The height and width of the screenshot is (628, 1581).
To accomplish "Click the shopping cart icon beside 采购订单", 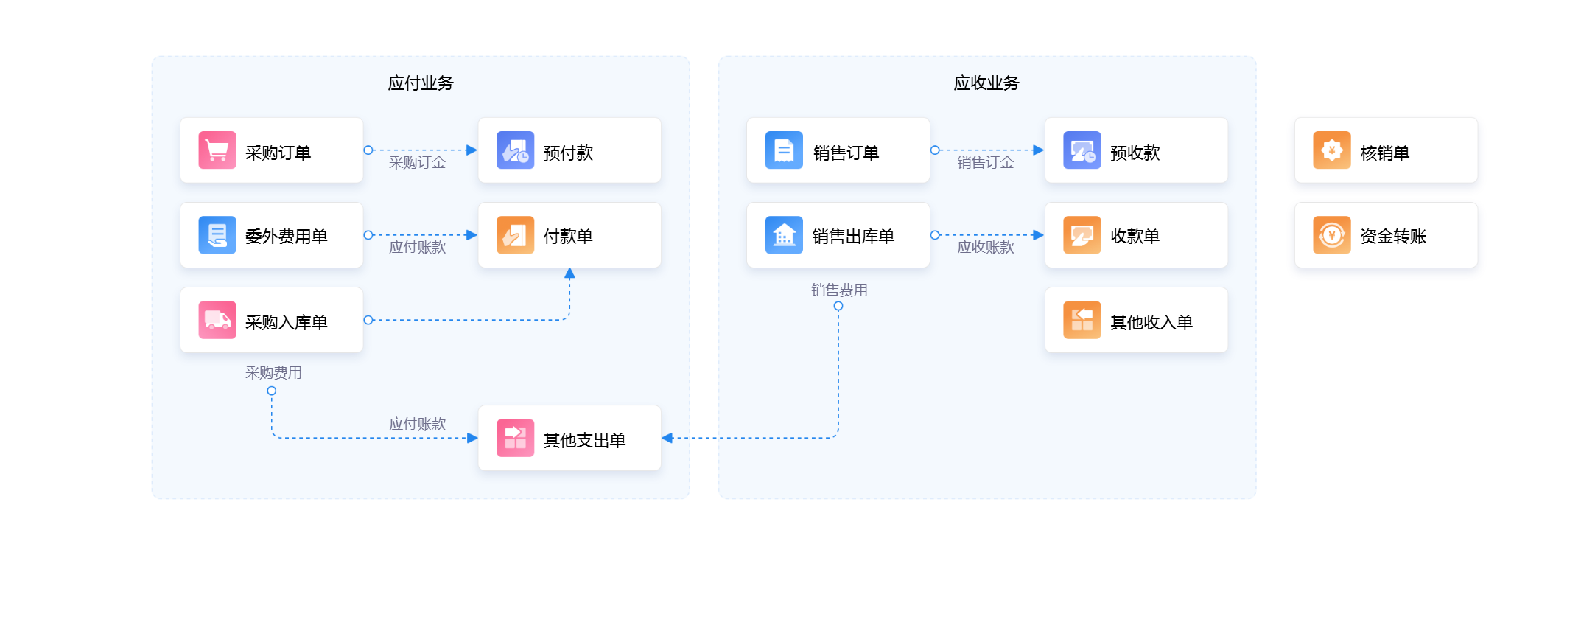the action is [x=217, y=150].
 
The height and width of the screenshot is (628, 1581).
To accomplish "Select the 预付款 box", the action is [x=569, y=150].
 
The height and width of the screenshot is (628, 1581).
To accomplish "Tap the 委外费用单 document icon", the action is [x=217, y=235].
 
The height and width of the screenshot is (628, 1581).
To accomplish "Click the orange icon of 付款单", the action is [x=515, y=235].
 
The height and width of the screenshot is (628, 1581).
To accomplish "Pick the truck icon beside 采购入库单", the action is [x=217, y=320].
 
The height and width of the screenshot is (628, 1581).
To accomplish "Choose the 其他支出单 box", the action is [x=569, y=438].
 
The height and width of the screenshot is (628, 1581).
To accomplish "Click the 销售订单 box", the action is [x=838, y=150].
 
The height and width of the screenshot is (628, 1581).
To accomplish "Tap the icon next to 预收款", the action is [x=1082, y=150].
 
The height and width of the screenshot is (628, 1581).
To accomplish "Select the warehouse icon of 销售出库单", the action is [x=784, y=235].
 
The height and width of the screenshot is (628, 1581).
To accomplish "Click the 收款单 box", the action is [x=1136, y=235].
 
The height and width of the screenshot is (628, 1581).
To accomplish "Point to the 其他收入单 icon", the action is [x=1082, y=320].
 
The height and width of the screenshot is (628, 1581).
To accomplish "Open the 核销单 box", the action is [x=1387, y=150].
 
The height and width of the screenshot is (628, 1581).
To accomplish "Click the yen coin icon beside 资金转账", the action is [x=1332, y=235].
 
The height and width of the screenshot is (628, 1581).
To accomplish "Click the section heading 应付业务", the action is [x=421, y=83].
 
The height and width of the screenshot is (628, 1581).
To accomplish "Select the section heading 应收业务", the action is [x=986, y=83].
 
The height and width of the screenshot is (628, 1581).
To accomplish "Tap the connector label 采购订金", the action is [x=418, y=163].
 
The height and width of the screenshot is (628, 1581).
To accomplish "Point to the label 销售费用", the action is [x=839, y=290].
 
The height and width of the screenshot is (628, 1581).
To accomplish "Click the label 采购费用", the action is [x=273, y=373].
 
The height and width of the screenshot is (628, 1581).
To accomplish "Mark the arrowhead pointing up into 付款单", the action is [x=569, y=273].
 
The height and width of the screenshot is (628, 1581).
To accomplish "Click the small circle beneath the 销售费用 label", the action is [x=838, y=306].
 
